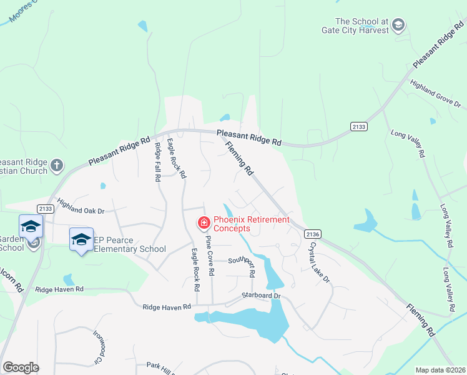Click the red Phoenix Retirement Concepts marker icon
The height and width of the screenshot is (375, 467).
(204, 222)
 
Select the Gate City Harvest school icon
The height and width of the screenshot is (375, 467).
(398, 26)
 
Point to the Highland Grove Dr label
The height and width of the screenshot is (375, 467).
(435, 94)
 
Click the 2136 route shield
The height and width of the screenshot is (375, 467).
(313, 234)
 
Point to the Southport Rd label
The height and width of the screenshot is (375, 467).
(242, 261)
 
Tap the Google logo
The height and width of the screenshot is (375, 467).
(21, 367)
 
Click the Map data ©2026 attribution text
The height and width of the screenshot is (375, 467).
(440, 370)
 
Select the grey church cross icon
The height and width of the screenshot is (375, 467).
(57, 166)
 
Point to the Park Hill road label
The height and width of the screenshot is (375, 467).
(160, 366)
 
